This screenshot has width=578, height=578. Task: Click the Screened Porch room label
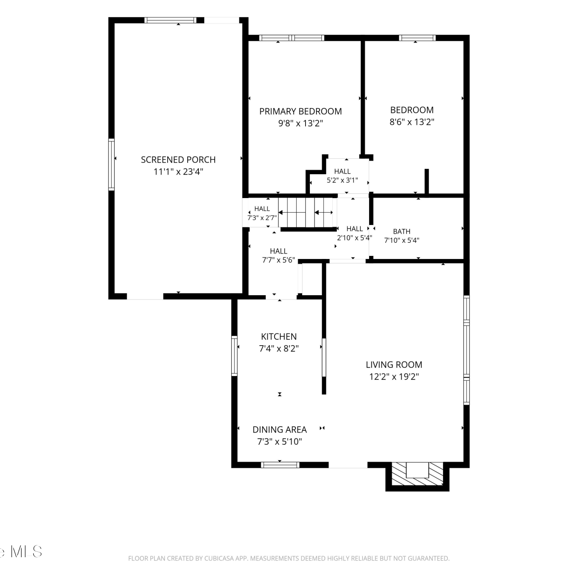click(178, 160)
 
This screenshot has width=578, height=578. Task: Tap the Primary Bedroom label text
click(301, 111)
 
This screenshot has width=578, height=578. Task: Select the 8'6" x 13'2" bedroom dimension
click(412, 122)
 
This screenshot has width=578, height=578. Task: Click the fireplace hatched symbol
click(418, 474)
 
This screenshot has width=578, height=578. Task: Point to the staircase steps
click(306, 212)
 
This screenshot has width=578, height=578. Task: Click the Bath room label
click(402, 232)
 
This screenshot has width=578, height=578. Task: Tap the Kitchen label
click(279, 336)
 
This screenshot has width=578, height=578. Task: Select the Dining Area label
click(280, 430)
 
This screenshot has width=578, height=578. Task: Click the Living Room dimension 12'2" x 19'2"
click(394, 377)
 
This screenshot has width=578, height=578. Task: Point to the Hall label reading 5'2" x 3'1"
click(342, 176)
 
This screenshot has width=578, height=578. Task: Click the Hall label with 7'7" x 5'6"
click(279, 255)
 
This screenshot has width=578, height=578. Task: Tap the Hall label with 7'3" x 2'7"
click(262, 213)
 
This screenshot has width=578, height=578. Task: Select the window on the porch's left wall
click(111, 165)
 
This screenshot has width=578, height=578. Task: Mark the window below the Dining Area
click(280, 465)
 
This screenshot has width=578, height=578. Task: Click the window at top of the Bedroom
click(417, 38)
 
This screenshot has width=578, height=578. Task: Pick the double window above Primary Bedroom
click(291, 38)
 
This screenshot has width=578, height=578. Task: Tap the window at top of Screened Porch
click(170, 20)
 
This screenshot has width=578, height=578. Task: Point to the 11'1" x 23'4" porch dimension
click(178, 172)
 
